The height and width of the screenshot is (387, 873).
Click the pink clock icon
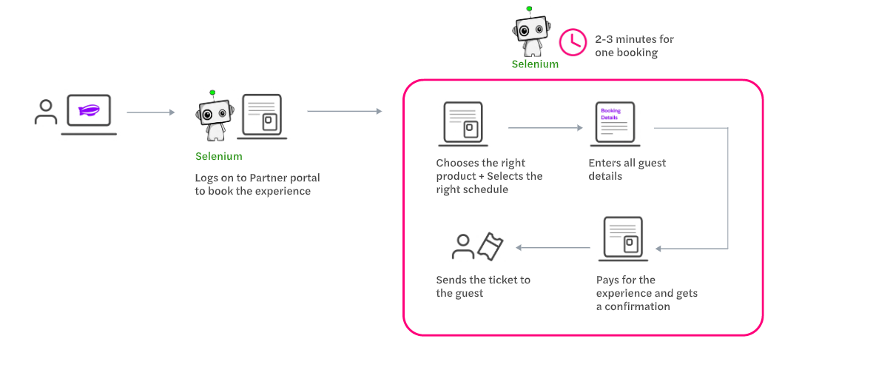[572, 42]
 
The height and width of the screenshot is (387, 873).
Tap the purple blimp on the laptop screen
[89, 112]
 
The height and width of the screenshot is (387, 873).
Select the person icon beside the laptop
[46, 112]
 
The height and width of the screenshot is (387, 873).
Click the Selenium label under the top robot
[535, 64]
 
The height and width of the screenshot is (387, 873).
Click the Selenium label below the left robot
[218, 156]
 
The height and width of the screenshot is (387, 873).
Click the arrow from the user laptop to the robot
[150, 112]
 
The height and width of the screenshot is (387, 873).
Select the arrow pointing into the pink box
[344, 112]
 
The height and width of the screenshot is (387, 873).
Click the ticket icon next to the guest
[490, 246]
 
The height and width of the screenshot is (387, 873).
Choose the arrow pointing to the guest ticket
[553, 247]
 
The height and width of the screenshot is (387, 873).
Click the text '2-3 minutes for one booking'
[634, 46]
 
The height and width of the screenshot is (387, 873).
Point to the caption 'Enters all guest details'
[627, 169]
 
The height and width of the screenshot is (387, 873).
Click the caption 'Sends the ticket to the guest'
[482, 286]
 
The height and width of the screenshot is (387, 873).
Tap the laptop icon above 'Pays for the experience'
[624, 238]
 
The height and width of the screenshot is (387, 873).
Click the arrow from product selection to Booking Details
[545, 128]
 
